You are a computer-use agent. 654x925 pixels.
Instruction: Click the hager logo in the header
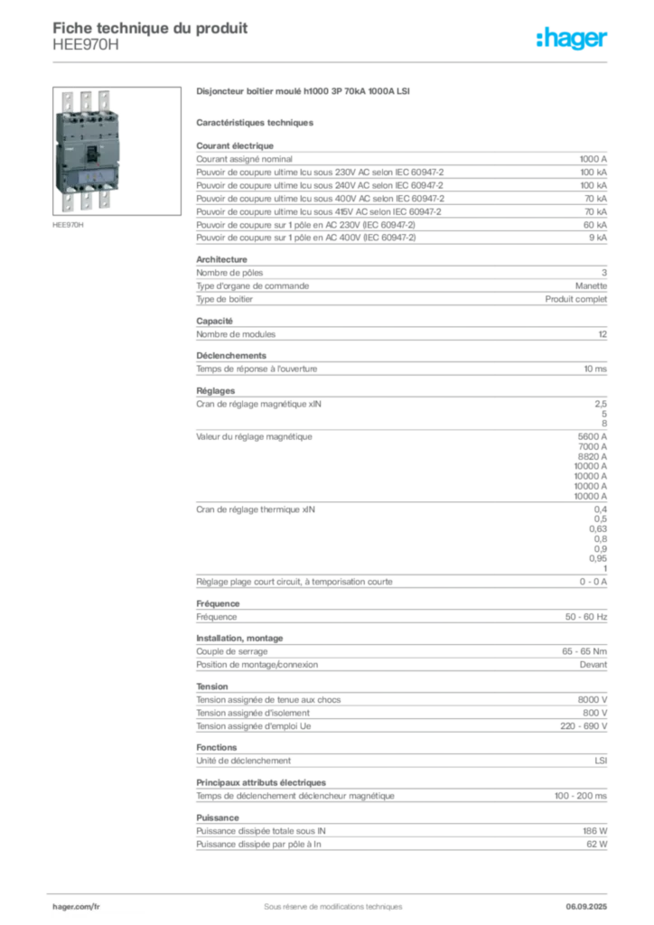571,38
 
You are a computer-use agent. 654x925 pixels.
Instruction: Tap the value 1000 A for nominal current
593,159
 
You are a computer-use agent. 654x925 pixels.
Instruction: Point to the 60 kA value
595,225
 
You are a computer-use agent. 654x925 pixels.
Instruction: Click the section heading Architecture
221,259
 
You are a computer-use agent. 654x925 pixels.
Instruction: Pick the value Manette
591,286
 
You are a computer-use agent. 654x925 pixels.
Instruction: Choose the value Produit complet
575,299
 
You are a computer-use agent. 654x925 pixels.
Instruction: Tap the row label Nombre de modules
236,334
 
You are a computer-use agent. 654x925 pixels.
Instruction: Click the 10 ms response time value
595,369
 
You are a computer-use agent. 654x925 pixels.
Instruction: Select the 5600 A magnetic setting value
592,437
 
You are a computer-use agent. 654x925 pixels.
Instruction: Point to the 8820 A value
592,456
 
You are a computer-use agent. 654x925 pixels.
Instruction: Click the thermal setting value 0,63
597,529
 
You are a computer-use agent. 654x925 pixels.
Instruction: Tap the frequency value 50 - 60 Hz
585,617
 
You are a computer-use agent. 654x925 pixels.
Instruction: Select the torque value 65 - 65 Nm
584,651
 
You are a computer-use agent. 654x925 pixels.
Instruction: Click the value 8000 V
592,700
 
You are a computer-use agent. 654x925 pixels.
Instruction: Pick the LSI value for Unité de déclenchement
601,761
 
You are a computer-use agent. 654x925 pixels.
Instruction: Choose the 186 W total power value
594,831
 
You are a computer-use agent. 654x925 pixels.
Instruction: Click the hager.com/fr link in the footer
76,907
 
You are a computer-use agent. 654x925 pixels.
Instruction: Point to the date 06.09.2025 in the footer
586,907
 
